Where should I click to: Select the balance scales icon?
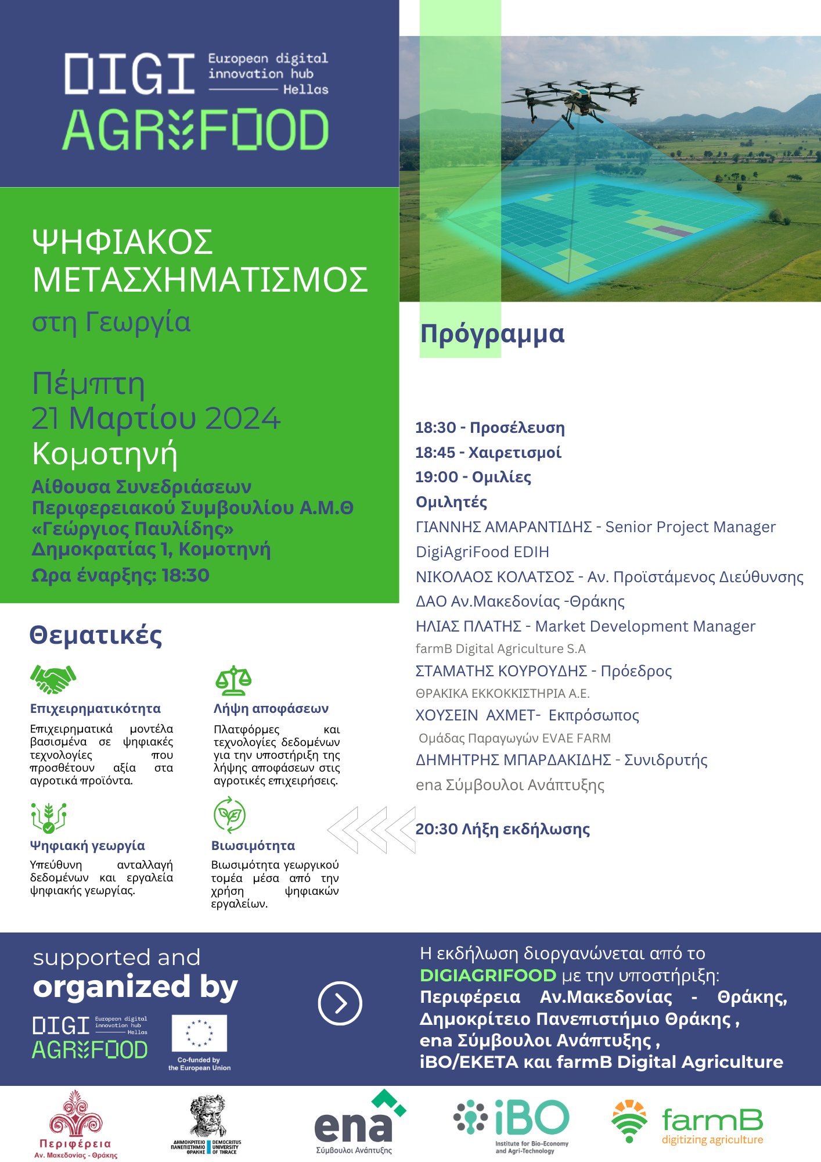point(233,680)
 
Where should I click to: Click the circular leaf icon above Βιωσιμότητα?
point(229,815)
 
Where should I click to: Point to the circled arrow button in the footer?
point(340,1003)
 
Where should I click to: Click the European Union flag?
point(199,1033)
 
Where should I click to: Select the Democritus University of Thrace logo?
point(207,1125)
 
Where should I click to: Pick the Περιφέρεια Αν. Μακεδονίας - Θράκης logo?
point(76,1125)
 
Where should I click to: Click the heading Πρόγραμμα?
point(492,334)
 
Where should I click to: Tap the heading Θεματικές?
point(96,635)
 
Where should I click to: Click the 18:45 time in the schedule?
point(435,453)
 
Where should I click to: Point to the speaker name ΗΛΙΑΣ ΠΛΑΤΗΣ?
point(469,626)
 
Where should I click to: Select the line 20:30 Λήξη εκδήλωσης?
point(502,829)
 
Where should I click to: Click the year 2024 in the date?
point(243,418)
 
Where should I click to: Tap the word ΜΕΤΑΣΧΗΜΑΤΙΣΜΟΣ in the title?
point(200,279)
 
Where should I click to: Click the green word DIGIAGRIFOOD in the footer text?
point(488,975)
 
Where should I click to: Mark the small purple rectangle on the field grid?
point(672,231)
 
